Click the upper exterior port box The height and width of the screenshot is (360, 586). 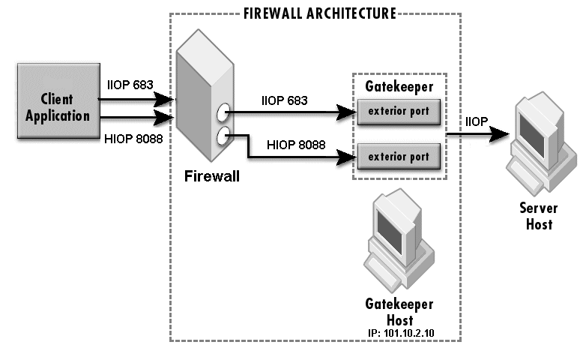(x=399, y=112)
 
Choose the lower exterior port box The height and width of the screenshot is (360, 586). (x=399, y=157)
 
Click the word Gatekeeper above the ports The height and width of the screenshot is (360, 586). (x=398, y=87)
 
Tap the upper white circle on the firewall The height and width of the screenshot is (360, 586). (x=223, y=114)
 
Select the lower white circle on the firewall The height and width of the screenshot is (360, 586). (x=223, y=136)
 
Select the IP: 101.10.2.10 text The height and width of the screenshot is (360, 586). (x=406, y=331)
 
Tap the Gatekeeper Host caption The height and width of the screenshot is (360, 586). (x=399, y=310)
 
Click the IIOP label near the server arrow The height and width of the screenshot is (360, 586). (x=478, y=121)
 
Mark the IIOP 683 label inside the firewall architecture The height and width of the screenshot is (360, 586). (x=286, y=99)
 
